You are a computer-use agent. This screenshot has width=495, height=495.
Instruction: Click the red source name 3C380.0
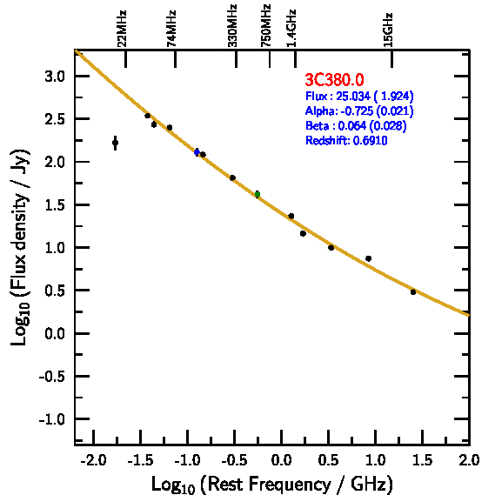click(334, 79)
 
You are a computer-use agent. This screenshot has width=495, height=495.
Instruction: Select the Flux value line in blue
click(359, 96)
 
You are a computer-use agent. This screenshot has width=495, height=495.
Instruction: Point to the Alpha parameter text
click(359, 110)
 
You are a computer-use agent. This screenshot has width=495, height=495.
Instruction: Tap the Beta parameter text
click(356, 125)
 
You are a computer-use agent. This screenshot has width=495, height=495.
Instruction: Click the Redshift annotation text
click(346, 140)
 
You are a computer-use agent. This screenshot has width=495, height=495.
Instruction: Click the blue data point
click(197, 152)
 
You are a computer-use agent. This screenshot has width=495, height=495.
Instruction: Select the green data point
click(258, 194)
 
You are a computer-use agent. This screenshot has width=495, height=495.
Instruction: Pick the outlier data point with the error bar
click(115, 143)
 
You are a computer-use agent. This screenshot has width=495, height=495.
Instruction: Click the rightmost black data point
click(413, 292)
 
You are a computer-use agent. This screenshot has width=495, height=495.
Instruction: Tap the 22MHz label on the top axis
click(122, 29)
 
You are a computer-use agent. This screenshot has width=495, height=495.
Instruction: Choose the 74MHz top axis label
click(171, 29)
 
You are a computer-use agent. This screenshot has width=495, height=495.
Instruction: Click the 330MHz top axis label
click(232, 26)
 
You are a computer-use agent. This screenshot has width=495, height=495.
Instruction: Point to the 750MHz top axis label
click(266, 26)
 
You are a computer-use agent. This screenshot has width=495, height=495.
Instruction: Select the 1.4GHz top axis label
click(291, 29)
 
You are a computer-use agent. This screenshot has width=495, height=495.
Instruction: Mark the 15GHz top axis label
click(388, 30)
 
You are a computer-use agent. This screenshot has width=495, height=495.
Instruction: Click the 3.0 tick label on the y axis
click(55, 77)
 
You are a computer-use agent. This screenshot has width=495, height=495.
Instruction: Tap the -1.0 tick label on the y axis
click(52, 419)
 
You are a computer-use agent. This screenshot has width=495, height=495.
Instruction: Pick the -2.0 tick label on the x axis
click(93, 460)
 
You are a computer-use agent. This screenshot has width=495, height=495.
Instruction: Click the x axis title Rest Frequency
click(272, 485)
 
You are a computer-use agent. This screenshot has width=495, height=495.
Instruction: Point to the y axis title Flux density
click(19, 247)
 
